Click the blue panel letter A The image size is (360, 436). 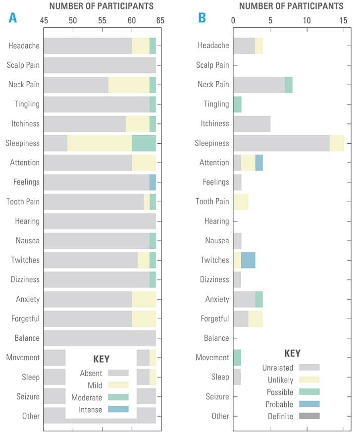(x=12, y=18)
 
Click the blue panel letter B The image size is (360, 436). (x=202, y=18)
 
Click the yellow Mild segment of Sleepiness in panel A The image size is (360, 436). (x=100, y=143)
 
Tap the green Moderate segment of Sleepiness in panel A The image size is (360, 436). (x=144, y=143)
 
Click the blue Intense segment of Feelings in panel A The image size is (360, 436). (x=153, y=182)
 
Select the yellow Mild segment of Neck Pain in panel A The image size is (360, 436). (x=129, y=85)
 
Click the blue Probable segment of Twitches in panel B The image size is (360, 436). (x=248, y=260)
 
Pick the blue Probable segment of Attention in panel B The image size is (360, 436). (x=259, y=163)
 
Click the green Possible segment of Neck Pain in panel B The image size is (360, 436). (x=289, y=85)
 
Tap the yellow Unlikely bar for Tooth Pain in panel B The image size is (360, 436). (x=241, y=202)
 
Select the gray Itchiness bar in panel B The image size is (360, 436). (x=252, y=123)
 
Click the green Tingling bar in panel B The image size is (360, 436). (x=237, y=104)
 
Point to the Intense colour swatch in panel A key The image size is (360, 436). (x=118, y=409)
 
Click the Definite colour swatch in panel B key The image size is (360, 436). (x=309, y=416)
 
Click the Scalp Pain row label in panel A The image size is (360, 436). (x=23, y=65)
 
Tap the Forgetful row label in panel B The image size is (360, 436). (x=213, y=319)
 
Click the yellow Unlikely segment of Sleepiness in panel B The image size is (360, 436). (x=337, y=143)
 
